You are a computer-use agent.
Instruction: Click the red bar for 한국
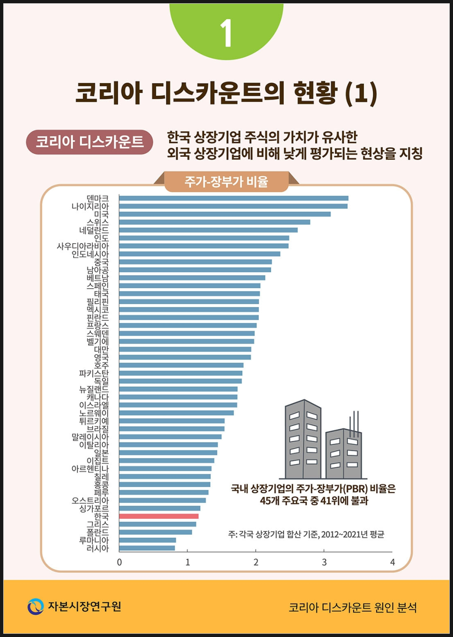pyautogui.click(x=159, y=516)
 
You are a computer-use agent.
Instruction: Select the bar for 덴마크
pyautogui.click(x=234, y=198)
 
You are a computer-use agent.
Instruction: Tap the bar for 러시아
pyautogui.click(x=147, y=548)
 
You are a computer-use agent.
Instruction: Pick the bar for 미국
pyautogui.click(x=225, y=214)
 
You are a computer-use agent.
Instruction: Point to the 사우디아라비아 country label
pyautogui.click(x=83, y=246)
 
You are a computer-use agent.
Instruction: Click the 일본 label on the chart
pyautogui.click(x=101, y=453)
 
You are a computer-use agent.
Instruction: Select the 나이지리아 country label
pyautogui.click(x=90, y=207)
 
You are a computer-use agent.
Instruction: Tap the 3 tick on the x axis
pyautogui.click(x=324, y=562)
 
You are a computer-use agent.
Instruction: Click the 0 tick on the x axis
pyautogui.click(x=120, y=562)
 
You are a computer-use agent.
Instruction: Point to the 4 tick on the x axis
pyautogui.click(x=393, y=562)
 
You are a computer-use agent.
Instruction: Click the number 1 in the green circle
pyautogui.click(x=226, y=33)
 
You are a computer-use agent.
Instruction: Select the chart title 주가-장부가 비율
pyautogui.click(x=226, y=182)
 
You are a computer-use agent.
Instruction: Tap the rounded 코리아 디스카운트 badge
pyautogui.click(x=90, y=142)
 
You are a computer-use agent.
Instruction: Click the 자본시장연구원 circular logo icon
pyautogui.click(x=35, y=606)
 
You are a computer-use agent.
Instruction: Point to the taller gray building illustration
pyautogui.click(x=303, y=439)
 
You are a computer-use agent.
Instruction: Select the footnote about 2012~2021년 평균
pyautogui.click(x=306, y=534)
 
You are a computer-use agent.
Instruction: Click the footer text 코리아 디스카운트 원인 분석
pyautogui.click(x=353, y=607)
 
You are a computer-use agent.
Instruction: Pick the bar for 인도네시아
pyautogui.click(x=199, y=254)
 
